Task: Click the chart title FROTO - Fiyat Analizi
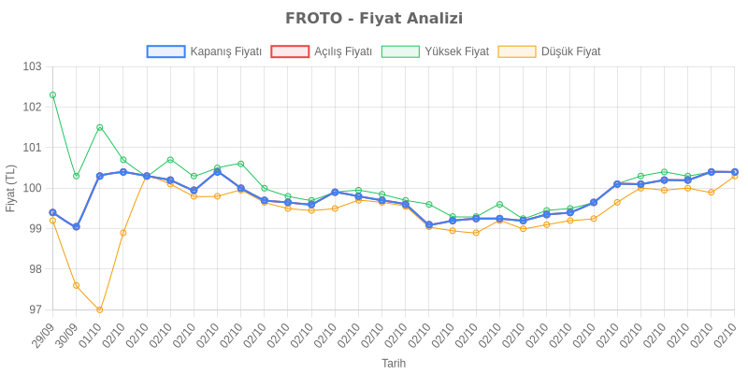(x=374, y=19)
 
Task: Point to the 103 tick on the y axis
(x=33, y=67)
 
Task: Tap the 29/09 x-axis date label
(x=44, y=337)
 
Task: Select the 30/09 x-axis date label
(x=67, y=337)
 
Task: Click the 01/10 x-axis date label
(x=91, y=337)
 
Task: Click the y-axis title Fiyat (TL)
(x=11, y=188)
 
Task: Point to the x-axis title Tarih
(x=394, y=363)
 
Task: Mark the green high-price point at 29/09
(x=52, y=95)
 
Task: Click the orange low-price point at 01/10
(x=100, y=309)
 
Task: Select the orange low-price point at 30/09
(x=76, y=285)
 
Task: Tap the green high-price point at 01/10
(x=100, y=127)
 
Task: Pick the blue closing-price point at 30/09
(x=76, y=227)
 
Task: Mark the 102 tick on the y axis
(x=33, y=108)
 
